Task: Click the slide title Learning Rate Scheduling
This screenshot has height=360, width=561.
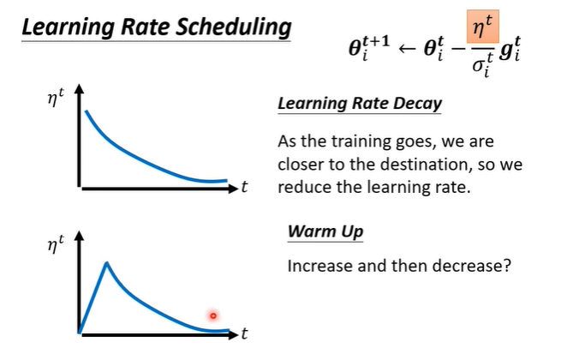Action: point(155,27)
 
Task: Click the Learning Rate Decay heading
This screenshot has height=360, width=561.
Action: point(360,105)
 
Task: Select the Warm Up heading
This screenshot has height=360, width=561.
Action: point(325,231)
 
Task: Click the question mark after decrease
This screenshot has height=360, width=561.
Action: point(507,266)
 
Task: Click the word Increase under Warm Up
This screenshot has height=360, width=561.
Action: point(319,266)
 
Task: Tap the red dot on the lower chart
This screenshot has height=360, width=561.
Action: point(213,315)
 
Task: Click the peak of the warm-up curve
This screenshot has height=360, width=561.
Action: point(106,262)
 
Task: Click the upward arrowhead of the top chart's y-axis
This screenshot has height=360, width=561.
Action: point(80,89)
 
